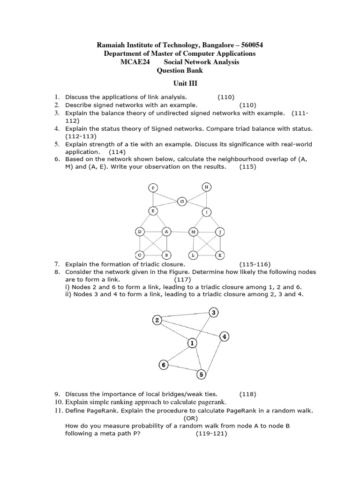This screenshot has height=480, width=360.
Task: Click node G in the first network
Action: [182, 201]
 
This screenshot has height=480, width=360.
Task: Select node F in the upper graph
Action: [152, 188]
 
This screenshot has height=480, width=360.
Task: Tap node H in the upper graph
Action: [207, 187]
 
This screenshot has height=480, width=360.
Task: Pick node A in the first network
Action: [166, 232]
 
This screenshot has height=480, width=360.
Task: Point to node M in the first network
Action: [193, 232]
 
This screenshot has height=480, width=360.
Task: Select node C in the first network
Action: [140, 255]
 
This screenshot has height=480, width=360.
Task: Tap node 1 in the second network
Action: [192, 344]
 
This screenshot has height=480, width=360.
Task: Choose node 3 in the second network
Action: [214, 313]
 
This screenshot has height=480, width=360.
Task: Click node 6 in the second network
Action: [163, 365]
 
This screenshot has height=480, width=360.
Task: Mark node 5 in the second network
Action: [201, 374]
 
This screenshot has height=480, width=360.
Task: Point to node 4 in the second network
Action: [225, 337]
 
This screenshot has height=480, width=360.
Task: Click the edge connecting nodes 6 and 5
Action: [182, 369]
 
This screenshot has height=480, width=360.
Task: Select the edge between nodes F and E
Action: [152, 200]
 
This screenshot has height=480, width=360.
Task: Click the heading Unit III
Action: [180, 83]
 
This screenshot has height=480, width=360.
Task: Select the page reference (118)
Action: [248, 394]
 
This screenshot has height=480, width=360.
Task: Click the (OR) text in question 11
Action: [191, 418]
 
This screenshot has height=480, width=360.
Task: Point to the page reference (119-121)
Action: [211, 434]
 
